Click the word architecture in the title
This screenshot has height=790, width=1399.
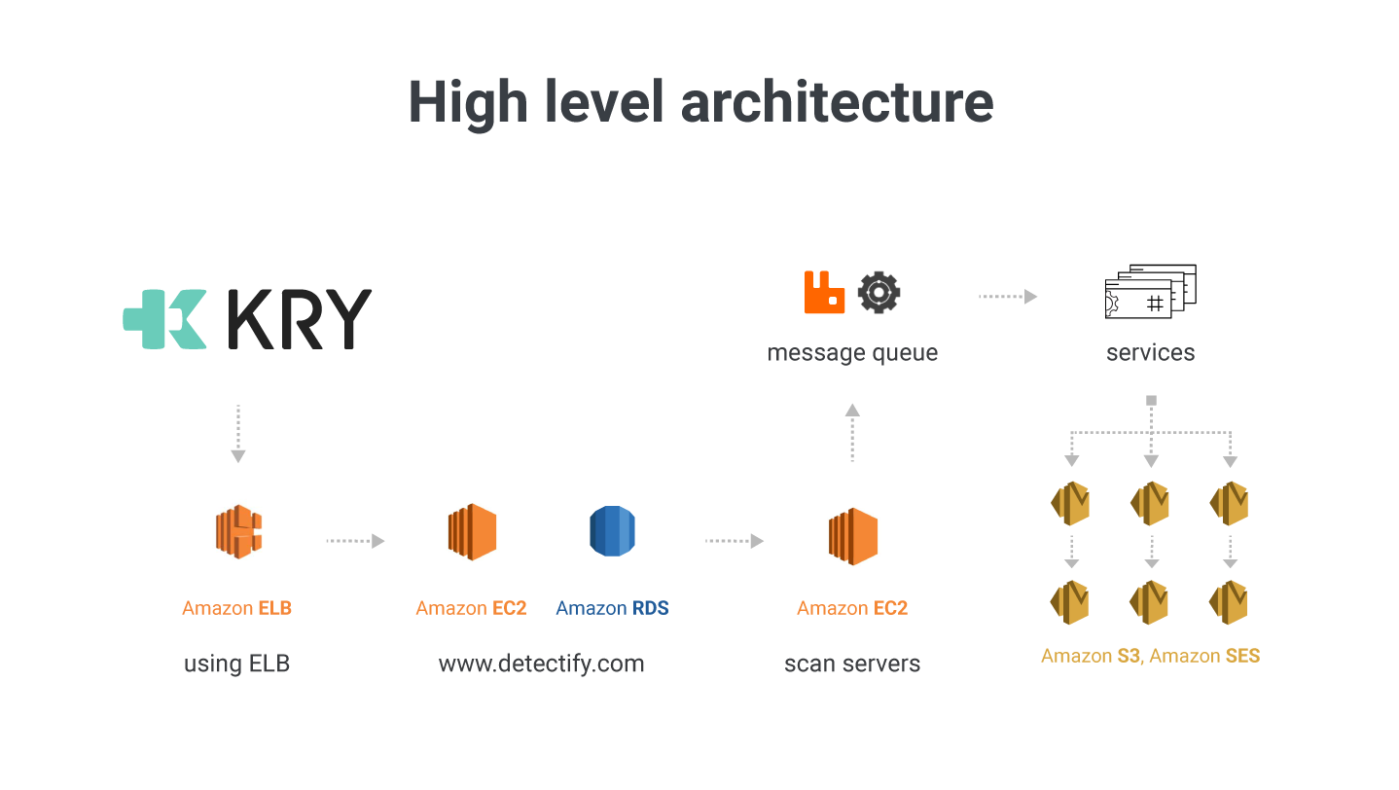tap(838, 101)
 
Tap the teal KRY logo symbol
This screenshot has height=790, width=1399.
tap(164, 319)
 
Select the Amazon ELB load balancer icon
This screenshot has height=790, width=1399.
tap(238, 532)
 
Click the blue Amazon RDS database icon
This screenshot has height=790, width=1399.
tap(612, 532)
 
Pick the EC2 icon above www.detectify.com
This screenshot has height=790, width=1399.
tap(472, 532)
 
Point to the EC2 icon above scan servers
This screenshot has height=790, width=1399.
tap(853, 536)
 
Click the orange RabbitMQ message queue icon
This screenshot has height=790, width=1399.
tap(824, 292)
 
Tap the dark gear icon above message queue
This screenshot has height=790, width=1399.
tap(879, 292)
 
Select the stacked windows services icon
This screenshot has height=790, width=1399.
tap(1151, 291)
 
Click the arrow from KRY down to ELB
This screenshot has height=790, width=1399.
tap(238, 433)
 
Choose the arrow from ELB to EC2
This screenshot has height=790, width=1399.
tap(355, 541)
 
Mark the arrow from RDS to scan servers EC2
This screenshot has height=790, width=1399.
tap(734, 541)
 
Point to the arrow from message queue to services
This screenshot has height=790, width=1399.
tap(1007, 297)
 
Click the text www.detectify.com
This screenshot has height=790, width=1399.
tap(541, 664)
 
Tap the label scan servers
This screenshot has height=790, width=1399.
tap(852, 664)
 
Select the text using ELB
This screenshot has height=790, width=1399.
tap(237, 664)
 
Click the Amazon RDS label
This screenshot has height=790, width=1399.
tap(612, 608)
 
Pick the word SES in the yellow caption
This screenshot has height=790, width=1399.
tap(1242, 656)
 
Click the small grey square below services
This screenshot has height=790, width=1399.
tap(1151, 400)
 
